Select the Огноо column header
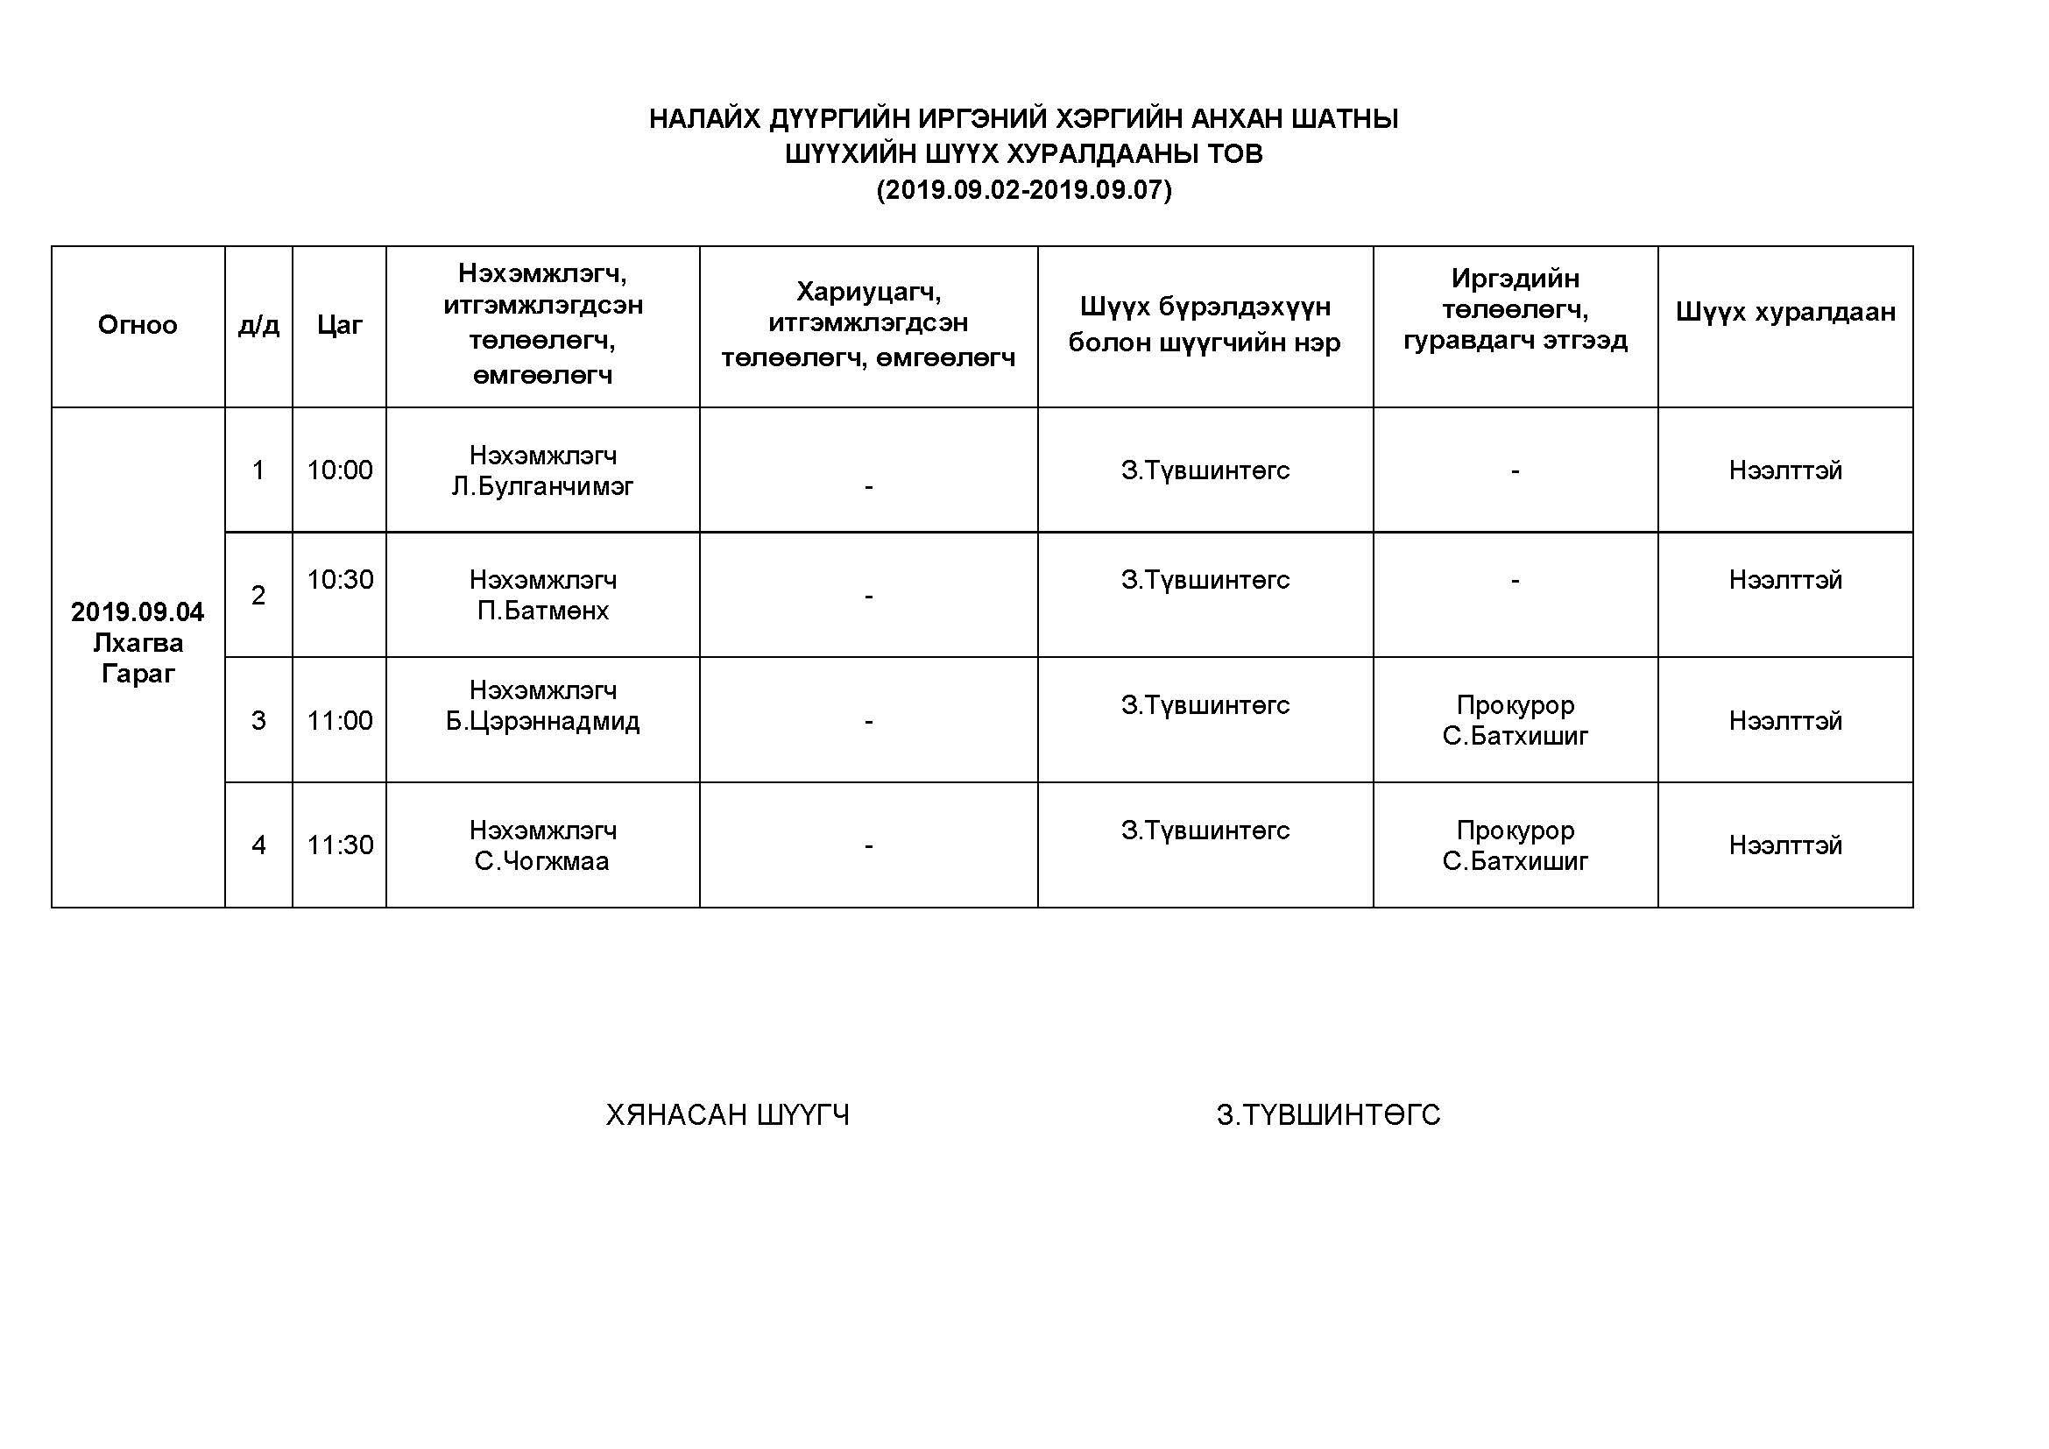138,325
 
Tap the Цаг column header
339,325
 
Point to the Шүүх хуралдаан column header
1784,311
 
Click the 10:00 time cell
339,470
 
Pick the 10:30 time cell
339,580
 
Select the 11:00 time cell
339,720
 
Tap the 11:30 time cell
339,845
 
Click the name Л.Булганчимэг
542,486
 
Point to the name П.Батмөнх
542,611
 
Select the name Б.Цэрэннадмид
542,721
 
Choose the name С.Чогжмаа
541,861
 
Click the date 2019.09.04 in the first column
138,612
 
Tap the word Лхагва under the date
138,642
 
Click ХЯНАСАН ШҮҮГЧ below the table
727,1115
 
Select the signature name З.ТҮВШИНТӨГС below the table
1328,1115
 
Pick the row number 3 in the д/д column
258,720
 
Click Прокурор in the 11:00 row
1515,705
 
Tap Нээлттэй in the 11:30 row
1784,845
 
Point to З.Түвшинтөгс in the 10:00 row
1205,470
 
